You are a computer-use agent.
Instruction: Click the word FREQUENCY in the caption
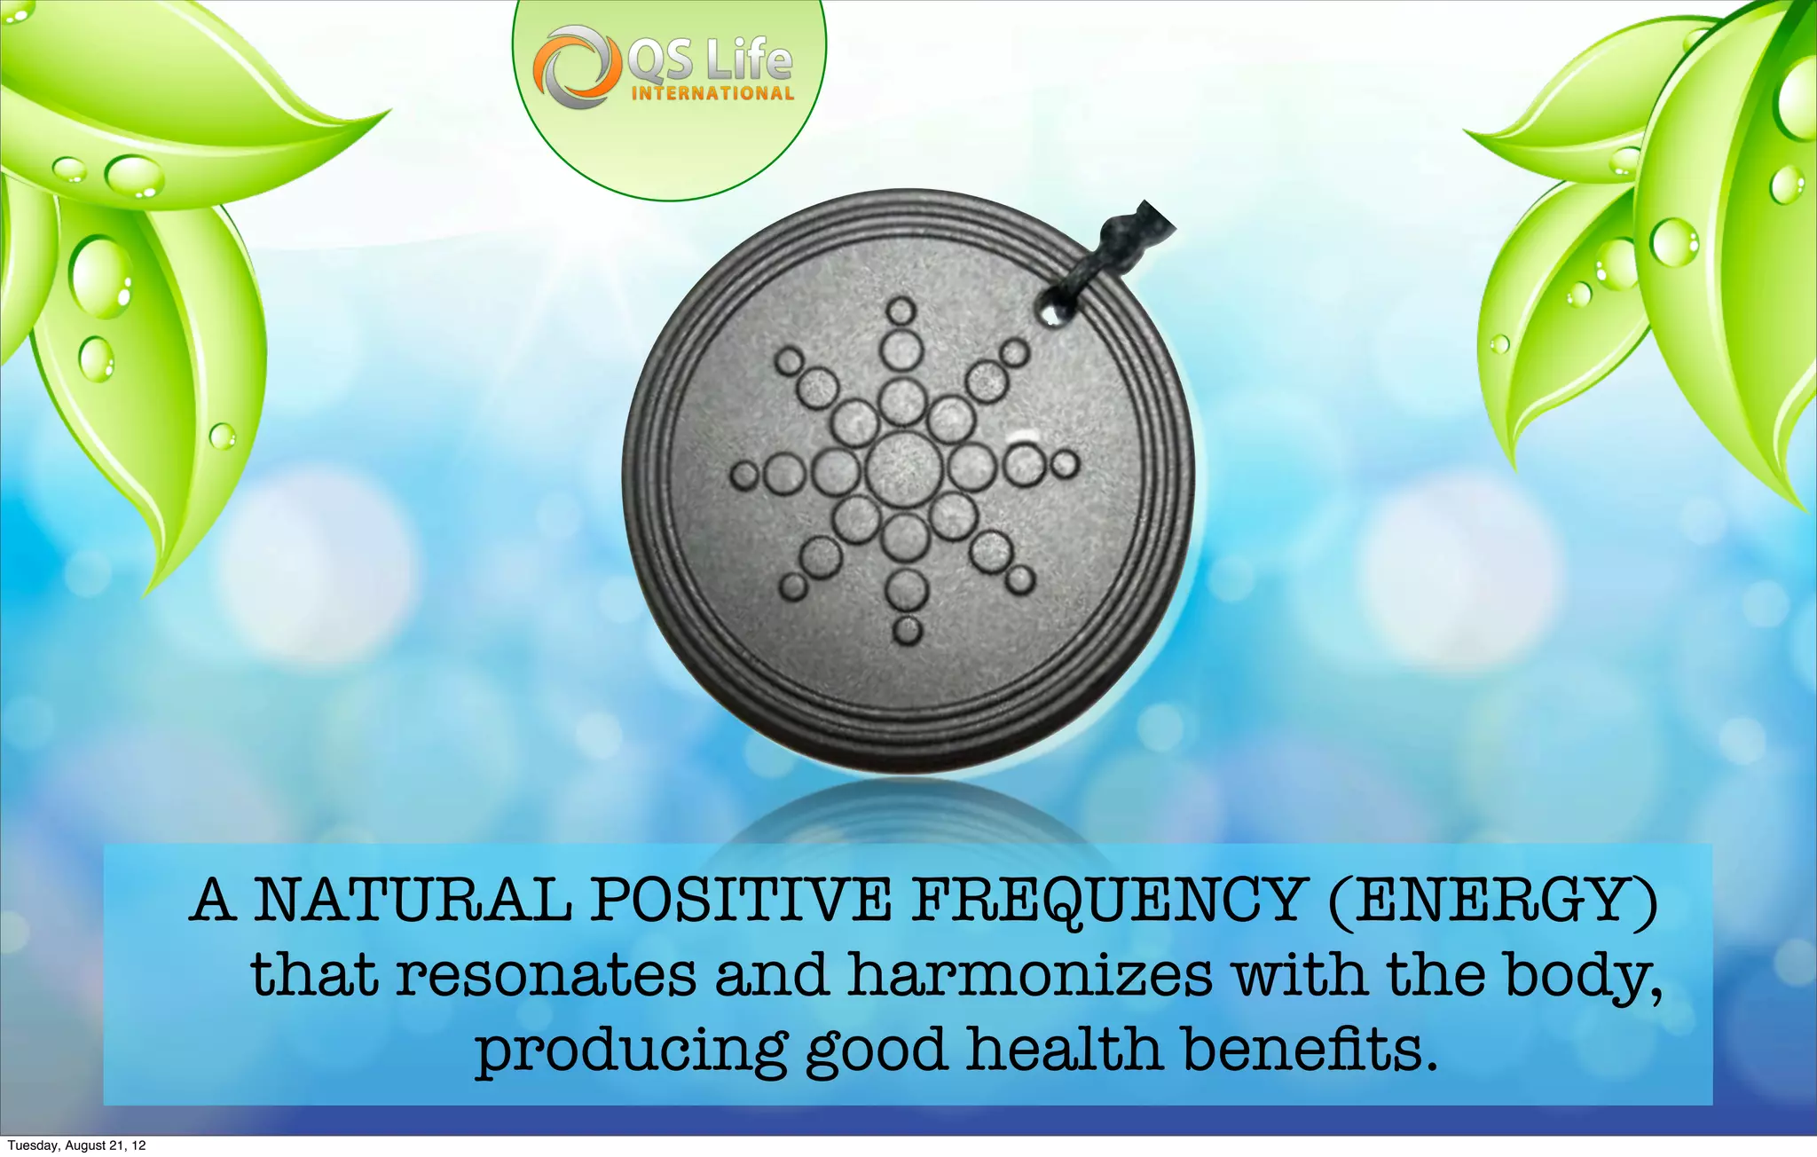(x=1106, y=900)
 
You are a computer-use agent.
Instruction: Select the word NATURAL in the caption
(x=413, y=900)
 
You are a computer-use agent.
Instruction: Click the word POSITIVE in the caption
(x=741, y=900)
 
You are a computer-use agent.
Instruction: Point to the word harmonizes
(x=1030, y=975)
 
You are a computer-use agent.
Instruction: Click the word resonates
(x=546, y=975)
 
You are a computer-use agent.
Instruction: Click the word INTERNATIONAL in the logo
(x=712, y=93)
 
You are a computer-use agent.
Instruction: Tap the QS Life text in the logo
(x=709, y=59)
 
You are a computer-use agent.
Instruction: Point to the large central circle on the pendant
(x=904, y=468)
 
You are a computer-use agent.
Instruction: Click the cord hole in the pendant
(x=1050, y=312)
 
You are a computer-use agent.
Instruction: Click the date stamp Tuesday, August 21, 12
(x=76, y=1145)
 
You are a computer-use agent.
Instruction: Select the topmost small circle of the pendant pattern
(x=901, y=311)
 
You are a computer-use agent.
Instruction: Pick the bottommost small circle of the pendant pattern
(x=907, y=629)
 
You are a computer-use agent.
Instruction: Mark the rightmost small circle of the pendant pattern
(x=1066, y=464)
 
